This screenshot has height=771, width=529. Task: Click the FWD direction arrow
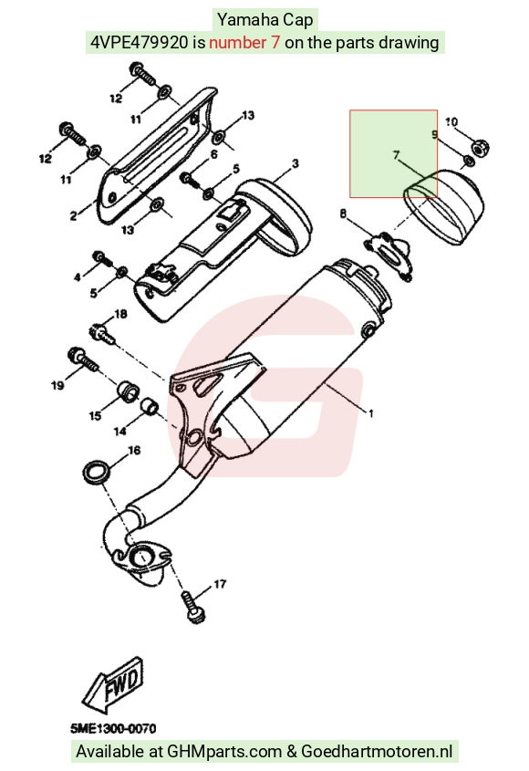(x=113, y=685)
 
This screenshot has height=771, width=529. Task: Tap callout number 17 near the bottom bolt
(x=220, y=584)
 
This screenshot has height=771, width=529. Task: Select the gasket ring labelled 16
(x=96, y=472)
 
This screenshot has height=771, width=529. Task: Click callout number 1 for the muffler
(x=371, y=413)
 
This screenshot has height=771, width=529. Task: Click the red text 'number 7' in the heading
(x=244, y=42)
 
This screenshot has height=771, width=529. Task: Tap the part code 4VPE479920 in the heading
(x=140, y=42)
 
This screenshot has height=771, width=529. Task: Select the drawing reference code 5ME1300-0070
(x=114, y=728)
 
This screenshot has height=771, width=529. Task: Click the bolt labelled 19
(x=84, y=360)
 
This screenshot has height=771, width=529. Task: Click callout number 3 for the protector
(x=295, y=163)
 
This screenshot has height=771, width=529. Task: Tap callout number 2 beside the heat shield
(x=73, y=215)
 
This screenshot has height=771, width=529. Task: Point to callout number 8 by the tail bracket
(x=343, y=214)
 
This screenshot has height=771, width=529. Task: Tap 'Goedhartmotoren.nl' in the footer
(x=376, y=751)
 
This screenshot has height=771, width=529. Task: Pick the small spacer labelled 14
(x=150, y=406)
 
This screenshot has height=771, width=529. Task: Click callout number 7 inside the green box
(x=396, y=155)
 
